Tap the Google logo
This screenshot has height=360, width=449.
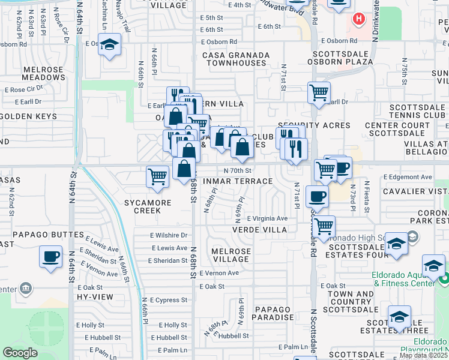20,353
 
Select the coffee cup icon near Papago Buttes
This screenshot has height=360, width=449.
51,257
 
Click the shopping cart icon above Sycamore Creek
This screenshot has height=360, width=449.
157,177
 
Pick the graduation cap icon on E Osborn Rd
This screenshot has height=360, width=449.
110,44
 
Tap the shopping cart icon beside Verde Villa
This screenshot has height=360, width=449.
324,226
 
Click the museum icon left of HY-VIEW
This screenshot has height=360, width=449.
26,289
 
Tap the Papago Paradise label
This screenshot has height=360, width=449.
273,313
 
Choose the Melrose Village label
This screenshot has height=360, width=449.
231,254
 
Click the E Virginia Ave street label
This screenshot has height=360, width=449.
267,218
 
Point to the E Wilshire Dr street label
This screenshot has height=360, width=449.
168,235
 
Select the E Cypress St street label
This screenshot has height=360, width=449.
169,299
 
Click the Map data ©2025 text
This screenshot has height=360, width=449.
423,355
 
